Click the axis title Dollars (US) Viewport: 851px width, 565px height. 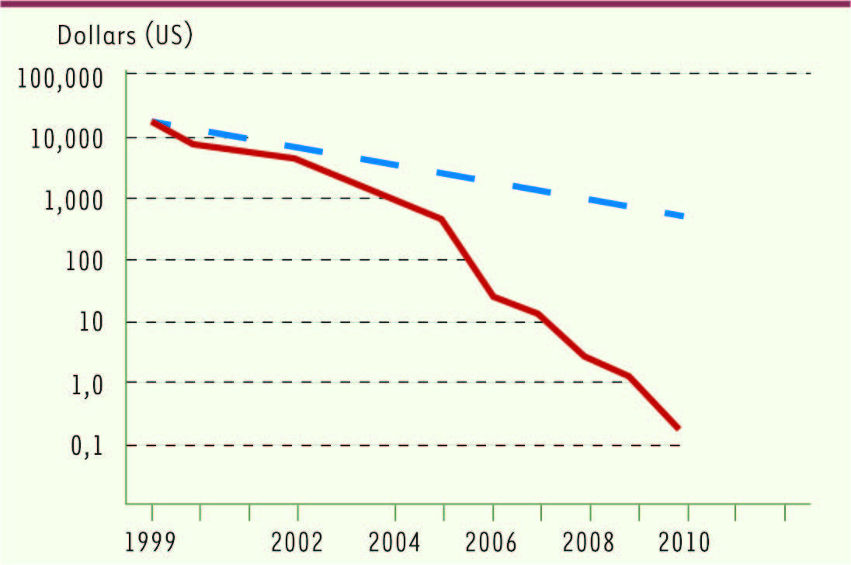pyautogui.click(x=124, y=36)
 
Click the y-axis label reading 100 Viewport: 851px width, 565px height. pyautogui.click(x=96, y=260)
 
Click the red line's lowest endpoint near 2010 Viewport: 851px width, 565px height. pyautogui.click(x=678, y=428)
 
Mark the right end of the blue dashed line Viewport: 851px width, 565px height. pyautogui.click(x=683, y=217)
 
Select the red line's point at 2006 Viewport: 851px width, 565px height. pyautogui.click(x=493, y=296)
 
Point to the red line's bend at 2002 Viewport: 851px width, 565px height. pyautogui.click(x=296, y=158)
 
